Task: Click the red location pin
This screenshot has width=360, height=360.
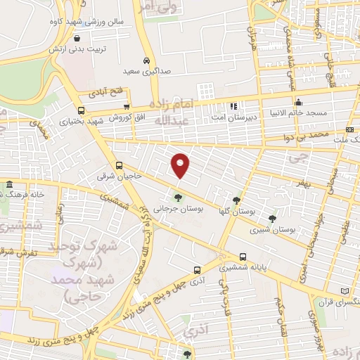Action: click(x=181, y=165)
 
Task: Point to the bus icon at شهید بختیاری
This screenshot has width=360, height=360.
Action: click(x=81, y=110)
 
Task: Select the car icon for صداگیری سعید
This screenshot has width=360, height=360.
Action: click(x=146, y=60)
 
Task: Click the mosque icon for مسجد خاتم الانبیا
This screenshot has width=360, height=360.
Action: click(x=299, y=100)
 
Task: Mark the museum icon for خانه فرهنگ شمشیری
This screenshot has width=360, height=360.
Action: click(x=9, y=186)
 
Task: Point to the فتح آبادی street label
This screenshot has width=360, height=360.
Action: click(x=105, y=91)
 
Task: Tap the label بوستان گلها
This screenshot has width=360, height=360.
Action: click(x=236, y=212)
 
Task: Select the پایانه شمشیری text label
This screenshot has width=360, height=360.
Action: click(x=243, y=268)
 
